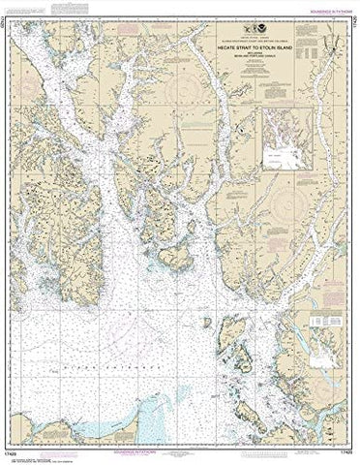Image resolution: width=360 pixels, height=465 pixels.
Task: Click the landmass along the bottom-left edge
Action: click(x=58, y=426)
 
